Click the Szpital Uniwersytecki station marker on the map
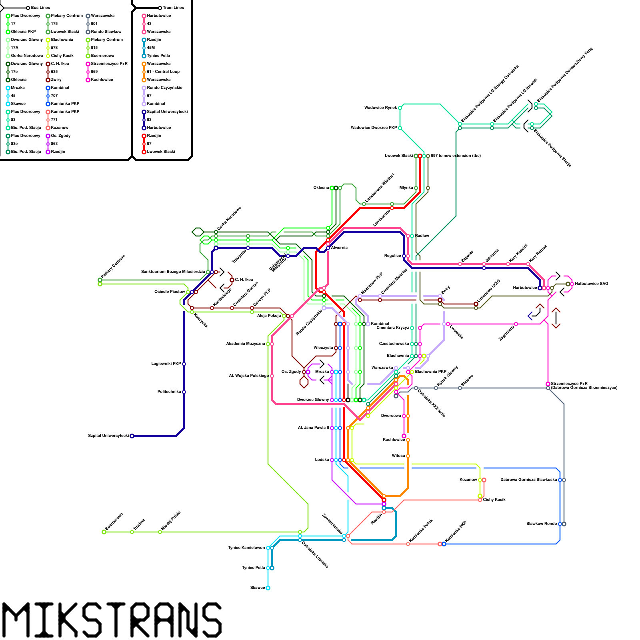[x=132, y=436]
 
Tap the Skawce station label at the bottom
[x=258, y=588]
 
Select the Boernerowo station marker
[x=104, y=532]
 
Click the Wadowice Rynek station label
[x=381, y=108]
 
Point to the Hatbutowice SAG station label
[x=592, y=284]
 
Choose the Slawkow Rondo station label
[x=542, y=524]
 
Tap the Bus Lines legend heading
[x=40, y=8]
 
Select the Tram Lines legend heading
[x=174, y=8]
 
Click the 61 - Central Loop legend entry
[x=163, y=72]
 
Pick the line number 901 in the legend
[x=94, y=24]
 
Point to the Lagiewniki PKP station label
[x=166, y=364]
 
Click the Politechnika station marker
[x=184, y=392]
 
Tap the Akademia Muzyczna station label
[x=246, y=344]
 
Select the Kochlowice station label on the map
[x=394, y=440]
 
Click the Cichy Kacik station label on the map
[x=494, y=500]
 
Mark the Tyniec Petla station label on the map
[x=254, y=568]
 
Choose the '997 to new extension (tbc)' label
[x=456, y=156]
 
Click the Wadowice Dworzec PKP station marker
[x=400, y=128]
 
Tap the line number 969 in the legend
[x=94, y=72]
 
